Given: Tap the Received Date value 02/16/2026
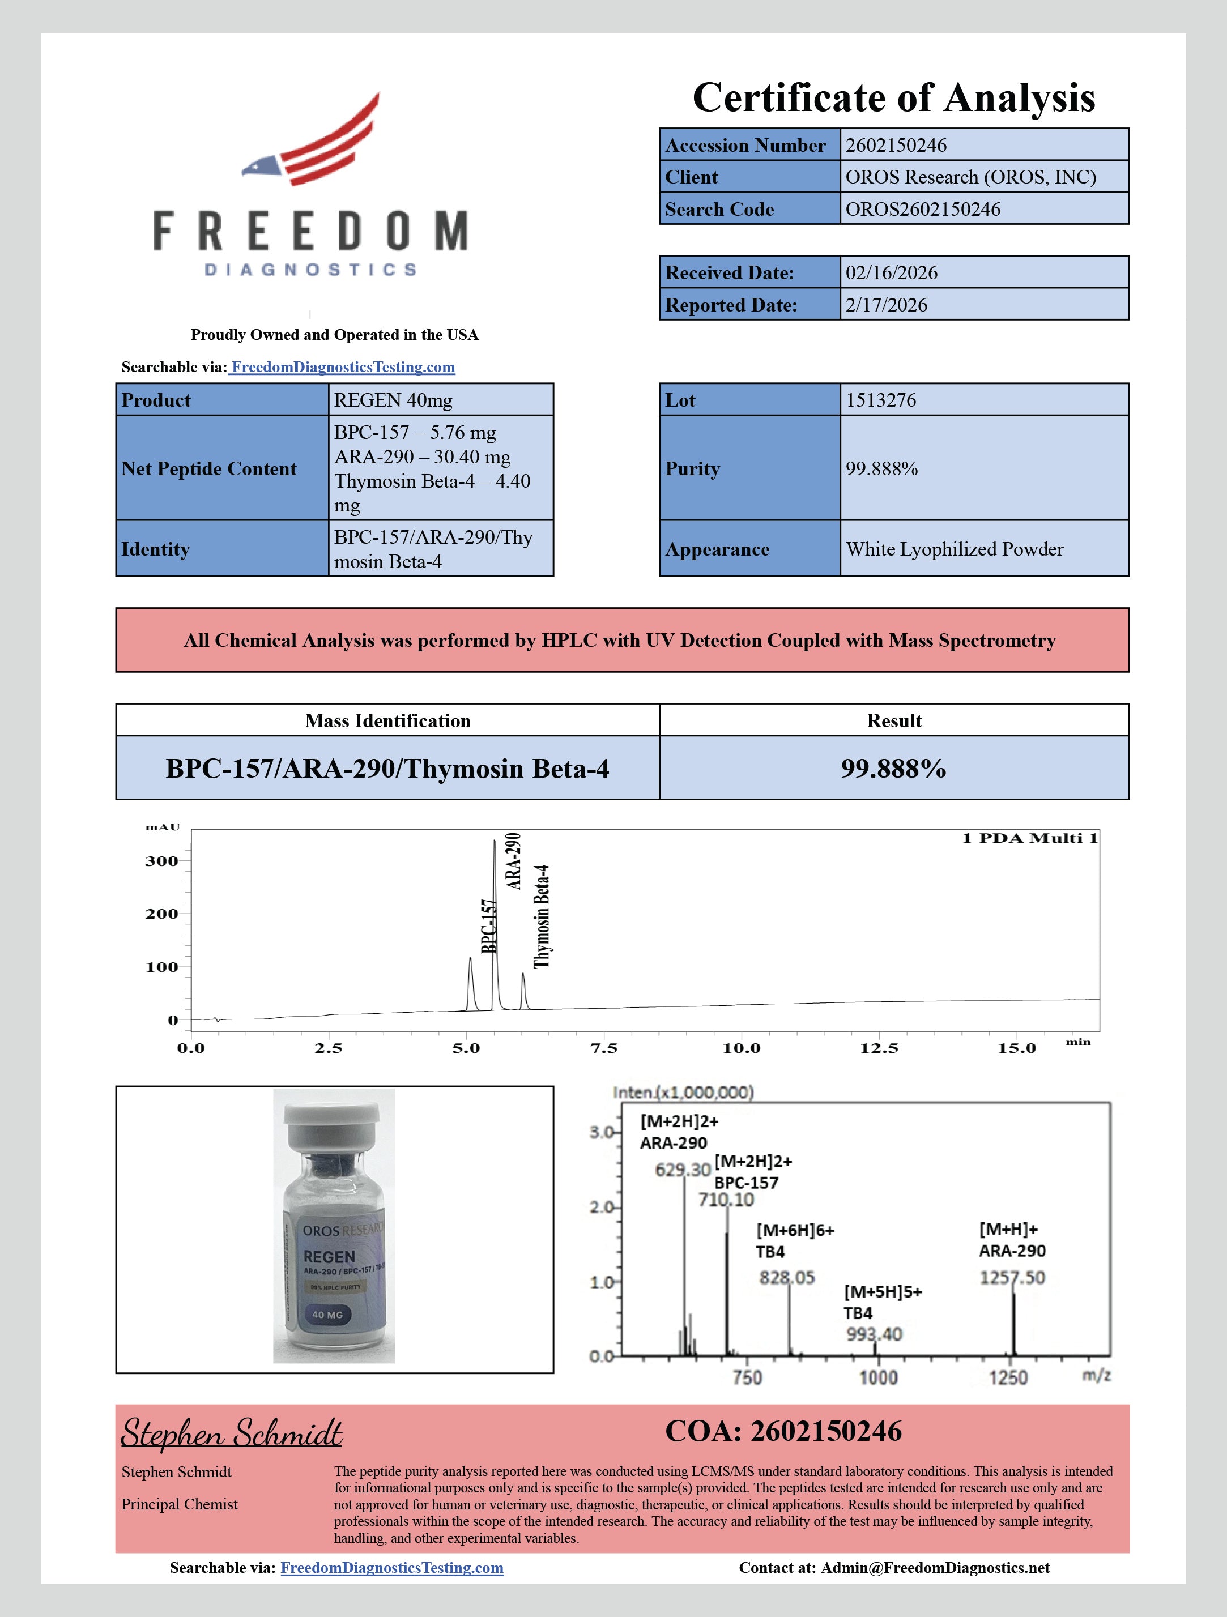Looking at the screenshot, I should pyautogui.click(x=892, y=272).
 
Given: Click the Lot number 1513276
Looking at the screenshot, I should pyautogui.click(x=880, y=400).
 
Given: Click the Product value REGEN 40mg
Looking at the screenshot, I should pyautogui.click(x=393, y=400).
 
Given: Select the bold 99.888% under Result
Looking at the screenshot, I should pyautogui.click(x=893, y=769).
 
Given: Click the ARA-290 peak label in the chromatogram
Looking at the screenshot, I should pyautogui.click(x=514, y=860).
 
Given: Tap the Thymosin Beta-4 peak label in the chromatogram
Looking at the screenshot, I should pyautogui.click(x=541, y=917).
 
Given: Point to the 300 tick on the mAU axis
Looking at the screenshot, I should pyautogui.click(x=161, y=861).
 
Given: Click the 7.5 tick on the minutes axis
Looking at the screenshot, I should pyautogui.click(x=604, y=1048).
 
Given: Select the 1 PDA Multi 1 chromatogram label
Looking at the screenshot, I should pyautogui.click(x=1029, y=838).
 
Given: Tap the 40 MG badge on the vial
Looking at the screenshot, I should pyautogui.click(x=327, y=1315).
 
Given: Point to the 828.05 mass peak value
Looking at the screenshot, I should pyautogui.click(x=787, y=1277).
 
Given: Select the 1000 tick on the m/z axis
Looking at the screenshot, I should pyautogui.click(x=877, y=1378).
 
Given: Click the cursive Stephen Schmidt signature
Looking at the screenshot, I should pyautogui.click(x=232, y=1433).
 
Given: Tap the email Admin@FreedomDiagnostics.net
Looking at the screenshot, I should pyautogui.click(x=935, y=1568).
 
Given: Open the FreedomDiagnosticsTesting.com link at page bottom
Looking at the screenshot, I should pyautogui.click(x=392, y=1568).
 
